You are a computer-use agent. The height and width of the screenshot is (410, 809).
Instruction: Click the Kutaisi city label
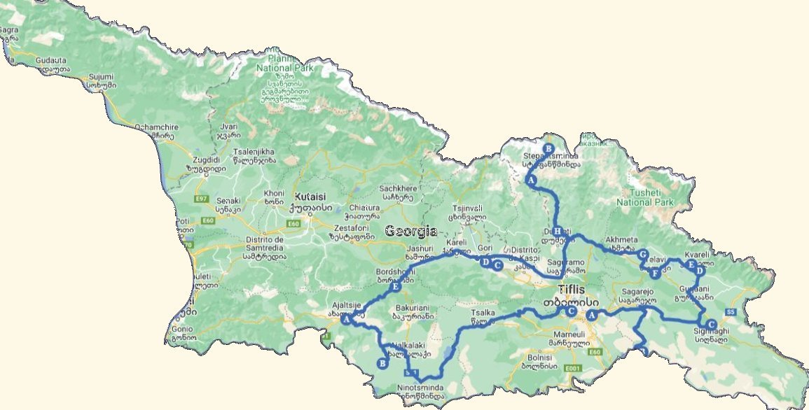click(312, 197)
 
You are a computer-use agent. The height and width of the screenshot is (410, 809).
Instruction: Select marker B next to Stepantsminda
click(548, 148)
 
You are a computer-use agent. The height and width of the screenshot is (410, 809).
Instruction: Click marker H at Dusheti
click(558, 232)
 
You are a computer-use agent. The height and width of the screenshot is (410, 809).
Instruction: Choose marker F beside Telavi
click(654, 273)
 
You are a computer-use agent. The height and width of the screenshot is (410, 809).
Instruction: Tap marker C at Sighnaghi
click(711, 324)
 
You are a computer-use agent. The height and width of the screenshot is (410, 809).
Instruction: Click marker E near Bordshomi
click(396, 287)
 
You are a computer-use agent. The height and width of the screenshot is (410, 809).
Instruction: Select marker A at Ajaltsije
click(346, 319)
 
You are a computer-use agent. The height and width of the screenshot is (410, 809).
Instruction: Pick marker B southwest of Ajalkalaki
click(382, 363)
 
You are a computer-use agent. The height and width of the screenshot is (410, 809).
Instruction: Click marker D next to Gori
click(484, 262)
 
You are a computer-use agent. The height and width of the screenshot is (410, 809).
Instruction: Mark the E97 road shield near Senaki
click(202, 199)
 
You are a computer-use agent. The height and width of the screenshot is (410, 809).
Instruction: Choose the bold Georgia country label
click(411, 232)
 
